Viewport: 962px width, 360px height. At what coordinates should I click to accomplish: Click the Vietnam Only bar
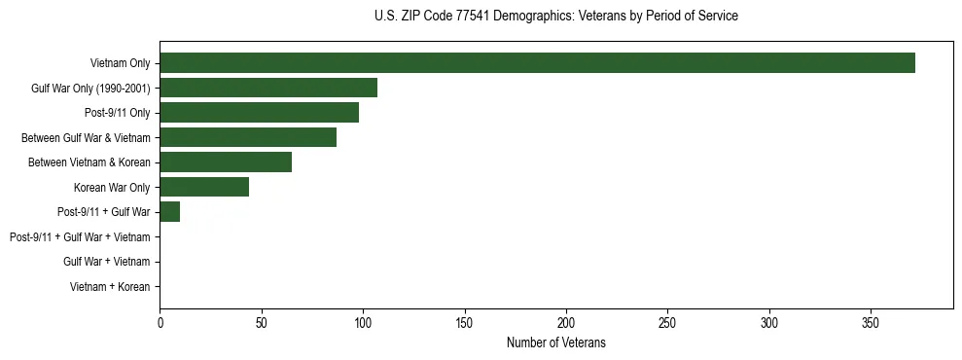537,63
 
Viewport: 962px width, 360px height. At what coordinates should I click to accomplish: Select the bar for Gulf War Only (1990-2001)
268,88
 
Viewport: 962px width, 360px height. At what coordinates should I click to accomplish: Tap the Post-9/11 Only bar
259,113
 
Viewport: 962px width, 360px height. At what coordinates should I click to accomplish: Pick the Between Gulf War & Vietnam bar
248,137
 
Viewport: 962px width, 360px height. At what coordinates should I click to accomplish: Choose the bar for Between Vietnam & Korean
226,162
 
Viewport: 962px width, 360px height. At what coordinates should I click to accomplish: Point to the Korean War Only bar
204,187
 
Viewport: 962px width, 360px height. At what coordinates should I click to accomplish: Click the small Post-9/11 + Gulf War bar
170,212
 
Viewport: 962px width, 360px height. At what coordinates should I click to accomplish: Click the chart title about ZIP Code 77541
555,16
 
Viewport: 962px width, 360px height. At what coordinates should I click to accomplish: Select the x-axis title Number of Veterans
555,342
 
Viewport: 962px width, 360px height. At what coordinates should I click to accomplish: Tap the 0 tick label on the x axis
160,322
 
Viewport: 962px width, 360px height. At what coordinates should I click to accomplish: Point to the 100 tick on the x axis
363,322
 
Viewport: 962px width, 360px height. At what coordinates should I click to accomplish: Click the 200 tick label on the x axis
566,322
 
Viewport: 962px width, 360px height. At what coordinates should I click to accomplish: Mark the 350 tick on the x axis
871,322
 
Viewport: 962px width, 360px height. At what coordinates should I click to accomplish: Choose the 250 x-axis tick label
667,322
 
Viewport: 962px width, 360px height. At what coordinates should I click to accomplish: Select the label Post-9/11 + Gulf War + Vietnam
80,237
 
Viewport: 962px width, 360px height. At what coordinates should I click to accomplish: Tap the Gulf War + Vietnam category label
106,262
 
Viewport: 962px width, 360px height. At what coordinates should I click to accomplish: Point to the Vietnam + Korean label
110,287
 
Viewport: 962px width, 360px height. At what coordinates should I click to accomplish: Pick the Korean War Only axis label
112,187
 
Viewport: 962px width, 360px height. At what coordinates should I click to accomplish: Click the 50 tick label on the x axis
262,322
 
